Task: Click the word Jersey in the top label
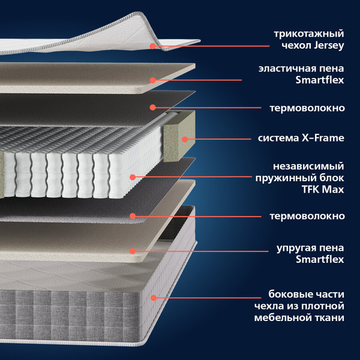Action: (x=329, y=46)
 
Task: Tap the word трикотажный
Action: (x=309, y=34)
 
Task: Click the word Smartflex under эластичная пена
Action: (x=320, y=80)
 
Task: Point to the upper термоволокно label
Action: (x=307, y=108)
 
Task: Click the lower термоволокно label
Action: (x=307, y=216)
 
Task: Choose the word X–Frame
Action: (x=323, y=138)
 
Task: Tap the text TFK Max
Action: (x=323, y=190)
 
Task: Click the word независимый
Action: (x=308, y=166)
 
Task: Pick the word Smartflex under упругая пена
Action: (x=320, y=259)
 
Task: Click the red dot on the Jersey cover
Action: (x=152, y=46)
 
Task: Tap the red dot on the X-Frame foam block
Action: (x=185, y=139)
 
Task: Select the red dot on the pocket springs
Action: (x=133, y=177)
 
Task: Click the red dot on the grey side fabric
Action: (x=154, y=298)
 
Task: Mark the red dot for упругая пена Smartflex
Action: (x=133, y=251)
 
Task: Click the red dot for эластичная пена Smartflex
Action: (x=152, y=80)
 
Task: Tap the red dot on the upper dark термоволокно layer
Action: (x=152, y=107)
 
